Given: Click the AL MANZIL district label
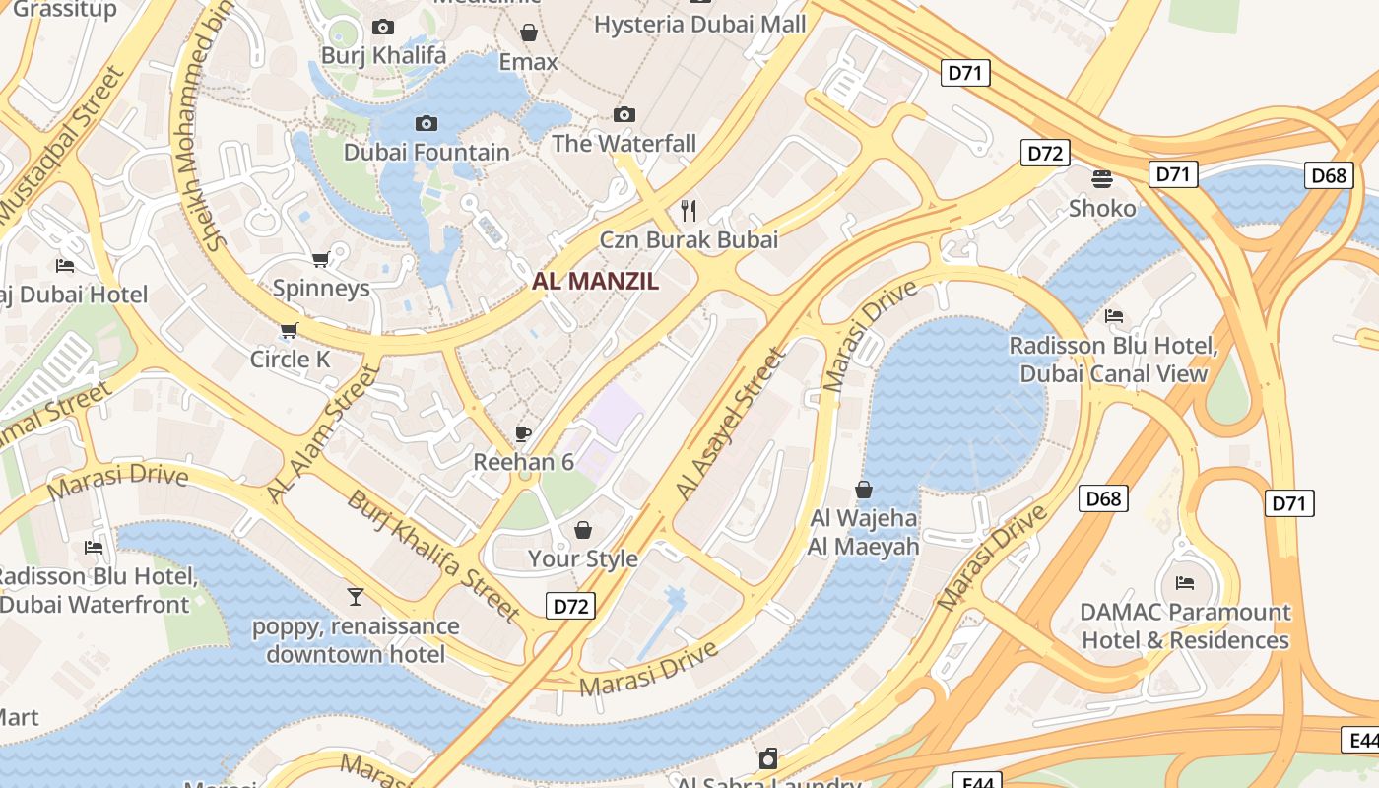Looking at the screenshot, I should tap(595, 281).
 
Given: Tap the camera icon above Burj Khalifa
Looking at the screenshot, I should tap(383, 28).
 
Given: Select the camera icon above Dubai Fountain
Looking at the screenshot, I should tap(427, 123).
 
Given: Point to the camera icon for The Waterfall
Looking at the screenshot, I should tap(624, 115).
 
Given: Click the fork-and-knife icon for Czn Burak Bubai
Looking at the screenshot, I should tap(689, 210).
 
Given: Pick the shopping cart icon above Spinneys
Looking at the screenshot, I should tap(320, 259).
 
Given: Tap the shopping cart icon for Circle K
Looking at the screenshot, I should tap(289, 330).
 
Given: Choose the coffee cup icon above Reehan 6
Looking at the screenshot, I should tap(523, 433).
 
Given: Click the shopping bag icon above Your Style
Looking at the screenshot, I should tap(583, 530).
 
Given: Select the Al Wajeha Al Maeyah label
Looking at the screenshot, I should tap(864, 532).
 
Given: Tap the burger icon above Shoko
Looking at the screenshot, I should tap(1102, 178).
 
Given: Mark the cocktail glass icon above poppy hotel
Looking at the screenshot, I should tap(356, 596).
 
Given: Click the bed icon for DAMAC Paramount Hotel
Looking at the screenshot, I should tap(1185, 582).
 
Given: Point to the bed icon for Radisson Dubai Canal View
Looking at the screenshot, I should tap(1114, 316).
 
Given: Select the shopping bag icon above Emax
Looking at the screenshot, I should tap(529, 33).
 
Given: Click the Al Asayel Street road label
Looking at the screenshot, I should tap(731, 423).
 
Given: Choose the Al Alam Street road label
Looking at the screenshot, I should tap(323, 433).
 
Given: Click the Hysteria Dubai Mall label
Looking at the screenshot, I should tap(699, 25).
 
